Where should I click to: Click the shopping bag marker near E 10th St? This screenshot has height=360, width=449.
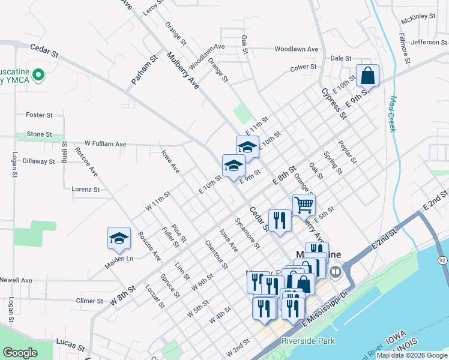tap(368, 76)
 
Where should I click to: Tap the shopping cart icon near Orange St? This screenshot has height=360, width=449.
tap(304, 205)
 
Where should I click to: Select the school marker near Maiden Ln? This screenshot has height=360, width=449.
tap(119, 239)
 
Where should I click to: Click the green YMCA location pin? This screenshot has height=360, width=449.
tap(39, 75)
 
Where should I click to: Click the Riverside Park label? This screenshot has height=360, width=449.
tap(309, 341)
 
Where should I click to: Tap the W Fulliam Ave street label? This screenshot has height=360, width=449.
tap(106, 144)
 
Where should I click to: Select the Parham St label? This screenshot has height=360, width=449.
tap(143, 70)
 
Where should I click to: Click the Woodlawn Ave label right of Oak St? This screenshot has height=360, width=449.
tap(296, 49)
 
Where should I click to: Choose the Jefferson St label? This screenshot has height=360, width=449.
tap(430, 42)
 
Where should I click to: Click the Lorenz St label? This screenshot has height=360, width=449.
tap(85, 189)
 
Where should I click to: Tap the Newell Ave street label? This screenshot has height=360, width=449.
tap(16, 280)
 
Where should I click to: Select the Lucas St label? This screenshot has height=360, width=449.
tap(70, 344)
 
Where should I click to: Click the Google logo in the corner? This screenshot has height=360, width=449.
tap(20, 353)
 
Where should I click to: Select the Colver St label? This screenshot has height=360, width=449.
tap(303, 67)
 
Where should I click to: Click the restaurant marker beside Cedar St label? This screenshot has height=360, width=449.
tap(279, 220)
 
